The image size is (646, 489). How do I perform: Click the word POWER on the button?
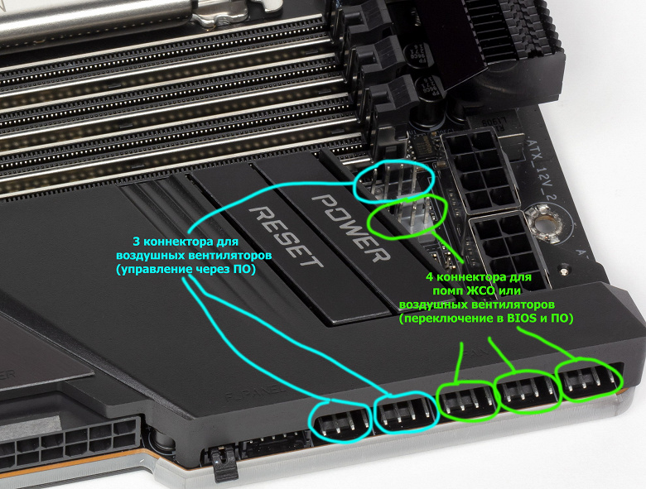coord(351,228)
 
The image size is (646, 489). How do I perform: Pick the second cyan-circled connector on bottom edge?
coord(406,413)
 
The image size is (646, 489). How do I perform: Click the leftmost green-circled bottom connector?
coord(468,400)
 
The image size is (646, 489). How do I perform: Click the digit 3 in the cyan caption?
coord(136,242)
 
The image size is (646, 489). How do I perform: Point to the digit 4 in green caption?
coord(430,277)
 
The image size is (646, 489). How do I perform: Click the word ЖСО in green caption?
coord(481,291)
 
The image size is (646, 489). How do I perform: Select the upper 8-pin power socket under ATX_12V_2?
coord(481,170)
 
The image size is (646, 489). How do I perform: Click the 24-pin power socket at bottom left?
coord(70,443)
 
